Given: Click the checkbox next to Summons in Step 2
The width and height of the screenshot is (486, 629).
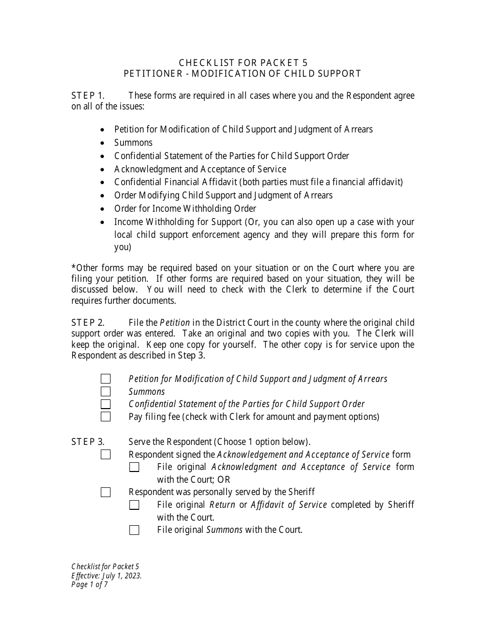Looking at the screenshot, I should [x=105, y=392].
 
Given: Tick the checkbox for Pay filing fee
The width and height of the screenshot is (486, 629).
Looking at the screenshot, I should [x=105, y=417].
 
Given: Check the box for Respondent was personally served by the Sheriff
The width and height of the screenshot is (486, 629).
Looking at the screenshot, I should [x=105, y=492].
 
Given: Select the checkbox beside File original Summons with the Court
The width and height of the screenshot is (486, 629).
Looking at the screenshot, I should [x=134, y=530].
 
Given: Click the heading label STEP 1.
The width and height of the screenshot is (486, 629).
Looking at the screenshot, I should [x=87, y=96].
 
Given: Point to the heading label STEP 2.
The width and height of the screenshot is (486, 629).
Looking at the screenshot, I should [x=87, y=323].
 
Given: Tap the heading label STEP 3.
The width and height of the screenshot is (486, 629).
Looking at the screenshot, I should [x=87, y=442].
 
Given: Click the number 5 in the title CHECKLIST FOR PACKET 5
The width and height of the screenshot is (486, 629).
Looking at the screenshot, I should [x=305, y=63].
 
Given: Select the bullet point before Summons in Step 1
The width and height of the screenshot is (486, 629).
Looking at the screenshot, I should [x=103, y=143].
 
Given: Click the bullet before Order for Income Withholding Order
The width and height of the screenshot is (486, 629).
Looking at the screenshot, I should [x=103, y=209].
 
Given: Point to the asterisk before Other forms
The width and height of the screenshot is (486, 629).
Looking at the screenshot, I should [x=74, y=268].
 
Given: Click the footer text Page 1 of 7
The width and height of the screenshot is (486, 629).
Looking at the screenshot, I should [x=90, y=585].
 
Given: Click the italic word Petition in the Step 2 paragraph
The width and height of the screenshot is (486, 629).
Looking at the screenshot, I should [x=175, y=323].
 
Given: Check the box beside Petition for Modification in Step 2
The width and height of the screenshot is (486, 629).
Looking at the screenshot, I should [x=105, y=379].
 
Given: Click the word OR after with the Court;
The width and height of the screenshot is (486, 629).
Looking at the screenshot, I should [x=224, y=480].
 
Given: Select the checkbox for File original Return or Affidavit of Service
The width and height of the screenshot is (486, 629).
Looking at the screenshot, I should [x=134, y=505].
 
